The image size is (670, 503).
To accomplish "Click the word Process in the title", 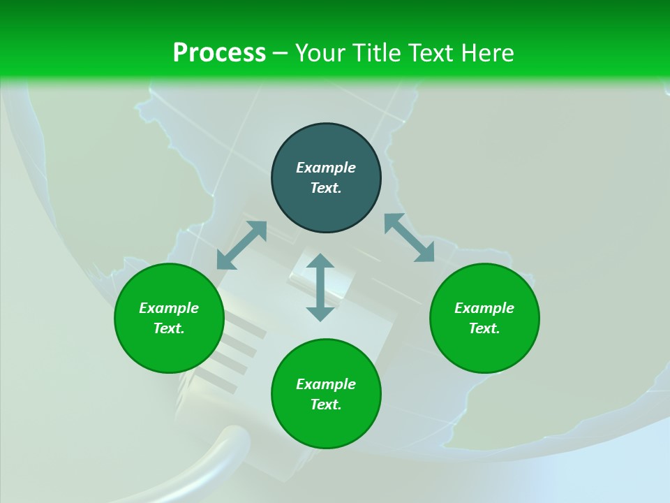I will point(219,53).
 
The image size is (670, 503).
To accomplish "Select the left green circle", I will point(169,349).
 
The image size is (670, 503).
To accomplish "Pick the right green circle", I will point(484,349).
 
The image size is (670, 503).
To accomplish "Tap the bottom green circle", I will point(326,426).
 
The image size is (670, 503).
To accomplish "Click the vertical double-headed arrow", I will point(320,287).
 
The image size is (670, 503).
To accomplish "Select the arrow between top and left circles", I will point(241,245).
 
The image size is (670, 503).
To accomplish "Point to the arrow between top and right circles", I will point(409,238).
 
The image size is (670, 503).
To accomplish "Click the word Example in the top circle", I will point(326,168).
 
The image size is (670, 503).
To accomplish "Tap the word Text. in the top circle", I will point(326,188).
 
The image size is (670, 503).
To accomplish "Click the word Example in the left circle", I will point(169,308).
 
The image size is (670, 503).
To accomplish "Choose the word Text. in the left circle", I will point(169,328).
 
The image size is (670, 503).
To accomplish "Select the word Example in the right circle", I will point(484,308).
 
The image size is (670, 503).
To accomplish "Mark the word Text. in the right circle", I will point(484,328).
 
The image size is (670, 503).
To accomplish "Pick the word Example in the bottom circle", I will point(326,384).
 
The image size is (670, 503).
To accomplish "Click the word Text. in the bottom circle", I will point(326,404).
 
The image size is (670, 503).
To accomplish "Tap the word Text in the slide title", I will point(431,53).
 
